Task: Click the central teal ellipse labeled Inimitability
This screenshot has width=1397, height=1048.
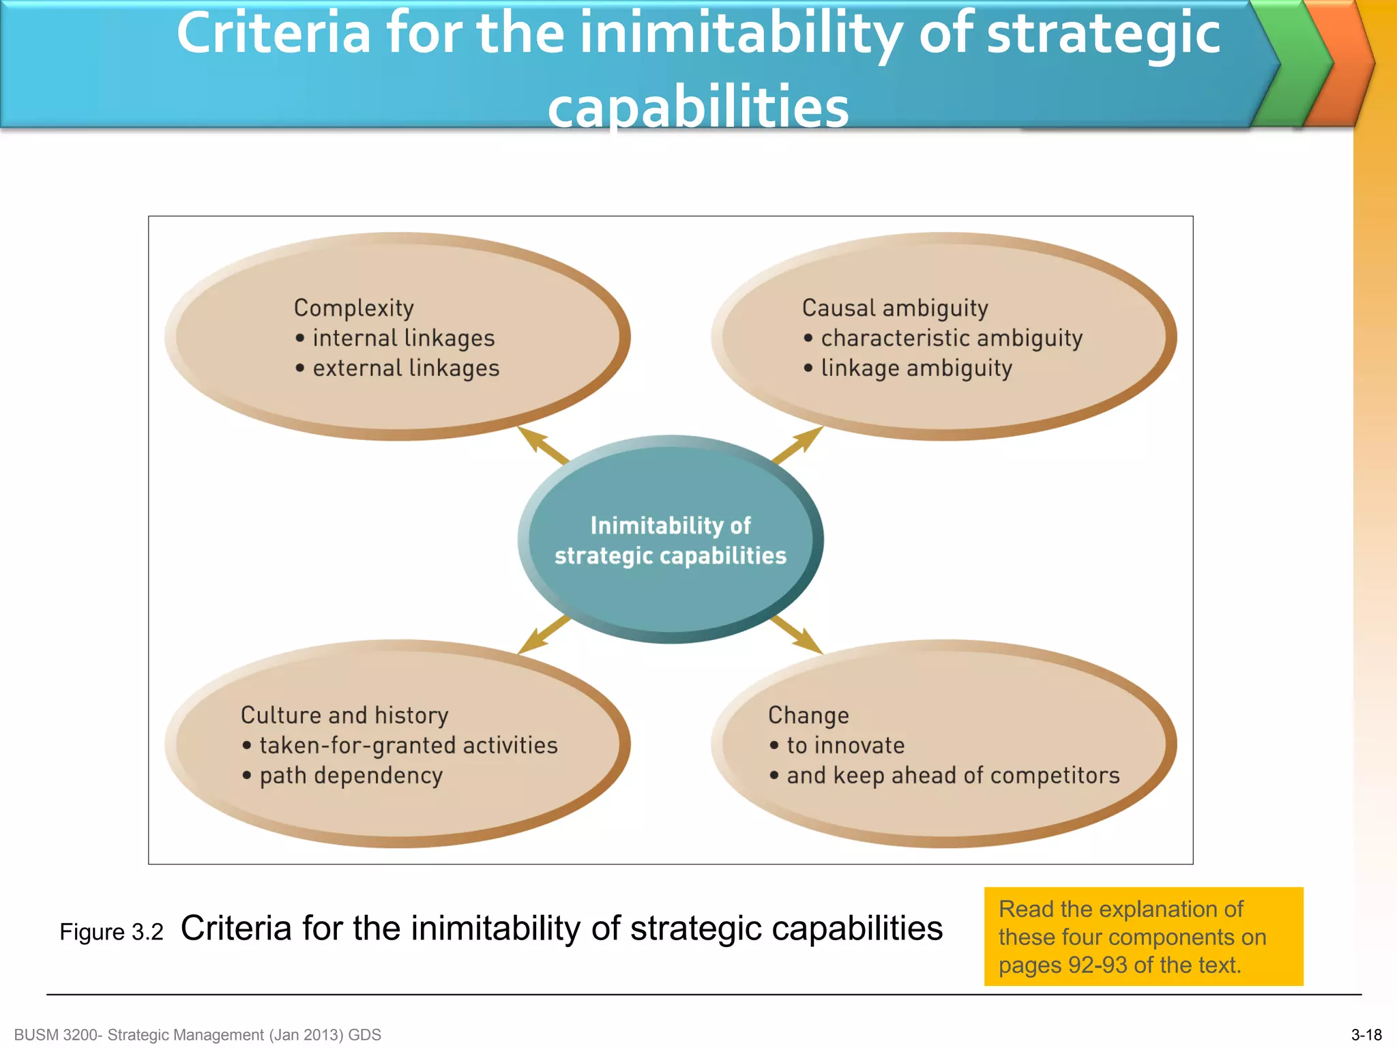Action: [x=671, y=539]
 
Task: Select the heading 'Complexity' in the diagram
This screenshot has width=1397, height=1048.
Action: [x=353, y=308]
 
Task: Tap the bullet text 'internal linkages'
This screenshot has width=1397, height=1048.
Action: [x=403, y=338]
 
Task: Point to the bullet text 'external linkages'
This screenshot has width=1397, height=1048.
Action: [x=406, y=368]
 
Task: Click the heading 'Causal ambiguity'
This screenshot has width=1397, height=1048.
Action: [x=895, y=308]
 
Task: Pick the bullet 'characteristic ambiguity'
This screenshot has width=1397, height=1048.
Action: [x=952, y=338]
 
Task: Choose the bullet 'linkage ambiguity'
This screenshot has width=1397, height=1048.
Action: [x=916, y=368]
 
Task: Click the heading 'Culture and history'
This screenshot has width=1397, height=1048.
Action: [x=344, y=715]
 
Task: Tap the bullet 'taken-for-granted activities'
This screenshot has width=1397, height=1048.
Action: [x=408, y=745]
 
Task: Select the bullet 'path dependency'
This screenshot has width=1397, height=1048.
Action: [x=351, y=776]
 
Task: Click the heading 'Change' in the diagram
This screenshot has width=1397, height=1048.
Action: [x=808, y=715]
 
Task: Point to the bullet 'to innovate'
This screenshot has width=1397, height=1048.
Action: [x=845, y=745]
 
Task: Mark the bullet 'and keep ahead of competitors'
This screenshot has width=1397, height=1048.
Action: [x=953, y=776]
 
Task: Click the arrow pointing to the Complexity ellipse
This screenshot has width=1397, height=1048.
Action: [x=543, y=446]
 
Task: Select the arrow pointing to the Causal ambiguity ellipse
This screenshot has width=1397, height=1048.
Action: [x=797, y=446]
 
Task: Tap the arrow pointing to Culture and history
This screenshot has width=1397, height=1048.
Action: [x=544, y=635]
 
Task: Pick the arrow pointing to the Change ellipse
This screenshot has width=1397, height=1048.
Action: [x=797, y=635]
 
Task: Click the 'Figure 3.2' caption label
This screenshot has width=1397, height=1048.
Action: [x=111, y=932]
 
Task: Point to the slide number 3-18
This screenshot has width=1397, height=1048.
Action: [x=1366, y=1035]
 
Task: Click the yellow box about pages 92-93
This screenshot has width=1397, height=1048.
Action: [x=1143, y=937]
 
